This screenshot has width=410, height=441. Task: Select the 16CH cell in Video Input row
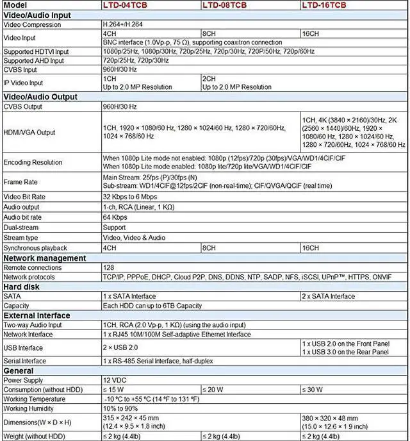(310, 33)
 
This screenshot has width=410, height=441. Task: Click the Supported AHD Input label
(35, 60)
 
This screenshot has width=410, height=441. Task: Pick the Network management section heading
(45, 258)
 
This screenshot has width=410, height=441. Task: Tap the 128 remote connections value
(110, 267)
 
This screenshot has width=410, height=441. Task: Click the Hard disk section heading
(22, 287)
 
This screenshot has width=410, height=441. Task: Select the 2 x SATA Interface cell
(328, 296)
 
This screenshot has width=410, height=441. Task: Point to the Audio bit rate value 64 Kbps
(115, 217)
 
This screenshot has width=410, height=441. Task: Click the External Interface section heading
(37, 315)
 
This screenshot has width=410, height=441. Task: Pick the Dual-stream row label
(21, 227)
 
